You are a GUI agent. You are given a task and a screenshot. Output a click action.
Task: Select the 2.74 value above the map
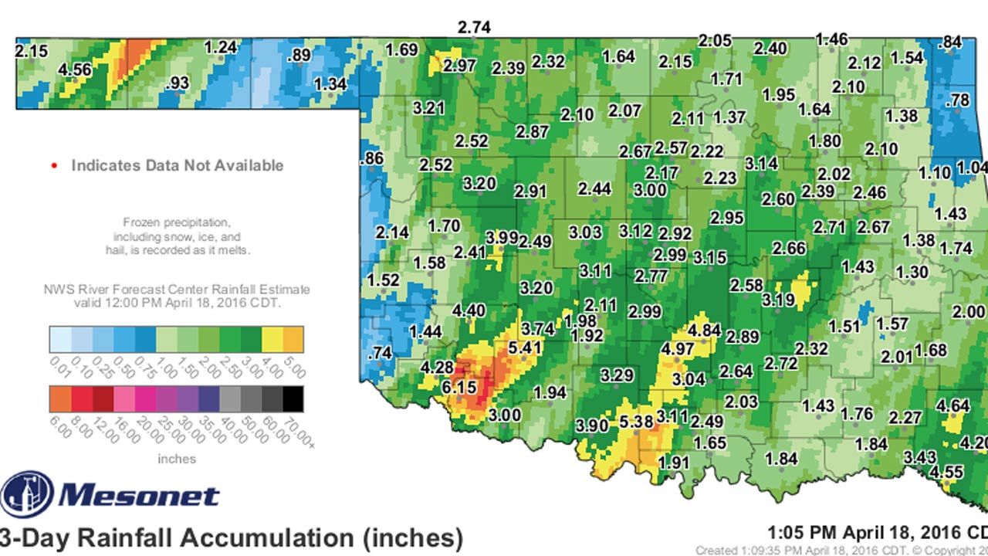pos(474,27)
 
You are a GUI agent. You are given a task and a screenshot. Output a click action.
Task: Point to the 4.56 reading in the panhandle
pos(75,70)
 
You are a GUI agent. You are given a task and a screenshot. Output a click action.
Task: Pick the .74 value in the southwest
pos(381,352)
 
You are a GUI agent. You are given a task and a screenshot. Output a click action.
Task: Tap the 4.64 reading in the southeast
pos(952,405)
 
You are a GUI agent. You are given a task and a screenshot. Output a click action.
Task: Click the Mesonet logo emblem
pos(27,493)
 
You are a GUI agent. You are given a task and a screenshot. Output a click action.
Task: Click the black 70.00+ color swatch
pos(293,399)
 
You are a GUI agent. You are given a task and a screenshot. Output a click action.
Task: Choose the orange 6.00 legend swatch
pos(60,399)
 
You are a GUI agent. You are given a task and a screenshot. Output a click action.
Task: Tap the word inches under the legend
pos(177,459)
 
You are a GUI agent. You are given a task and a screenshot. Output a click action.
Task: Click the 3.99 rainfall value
pos(502,237)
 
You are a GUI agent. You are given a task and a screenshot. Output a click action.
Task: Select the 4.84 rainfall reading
pos(703,331)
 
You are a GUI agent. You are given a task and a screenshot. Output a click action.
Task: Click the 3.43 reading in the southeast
pos(920,457)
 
